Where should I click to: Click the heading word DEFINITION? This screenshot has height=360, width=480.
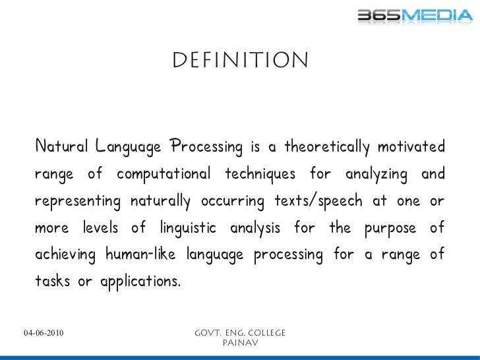coord(240,62)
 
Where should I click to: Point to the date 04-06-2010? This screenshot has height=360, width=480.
coord(44,333)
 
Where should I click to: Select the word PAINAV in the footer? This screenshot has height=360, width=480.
coord(240,343)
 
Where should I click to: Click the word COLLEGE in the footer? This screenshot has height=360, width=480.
coord(263,333)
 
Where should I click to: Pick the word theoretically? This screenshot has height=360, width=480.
coord(327,146)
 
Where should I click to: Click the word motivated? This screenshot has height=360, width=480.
coord(411,146)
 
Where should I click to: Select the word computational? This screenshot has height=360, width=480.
coord(164,174)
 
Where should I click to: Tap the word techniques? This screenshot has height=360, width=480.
coord(260,174)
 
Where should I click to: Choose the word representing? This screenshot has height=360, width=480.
coord(78,201)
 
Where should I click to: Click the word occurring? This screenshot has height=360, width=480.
coord(228,201)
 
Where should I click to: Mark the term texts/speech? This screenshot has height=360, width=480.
coord(316,201)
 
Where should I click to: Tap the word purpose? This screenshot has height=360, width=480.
coord(390,228)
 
